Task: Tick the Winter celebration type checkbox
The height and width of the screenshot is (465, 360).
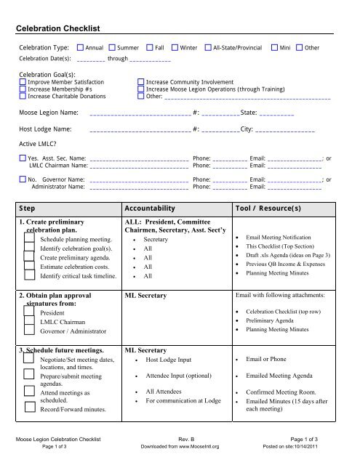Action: point(175,46)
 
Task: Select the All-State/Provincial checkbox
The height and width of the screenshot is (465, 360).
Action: point(207,46)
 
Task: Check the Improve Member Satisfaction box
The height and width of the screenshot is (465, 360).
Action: point(22,83)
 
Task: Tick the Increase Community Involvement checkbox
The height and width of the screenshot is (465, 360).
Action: point(141,83)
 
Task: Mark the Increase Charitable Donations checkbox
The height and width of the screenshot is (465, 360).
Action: point(22,96)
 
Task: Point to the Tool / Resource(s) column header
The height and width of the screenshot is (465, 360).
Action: point(268,207)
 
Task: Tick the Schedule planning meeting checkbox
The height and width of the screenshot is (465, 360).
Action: point(31,238)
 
